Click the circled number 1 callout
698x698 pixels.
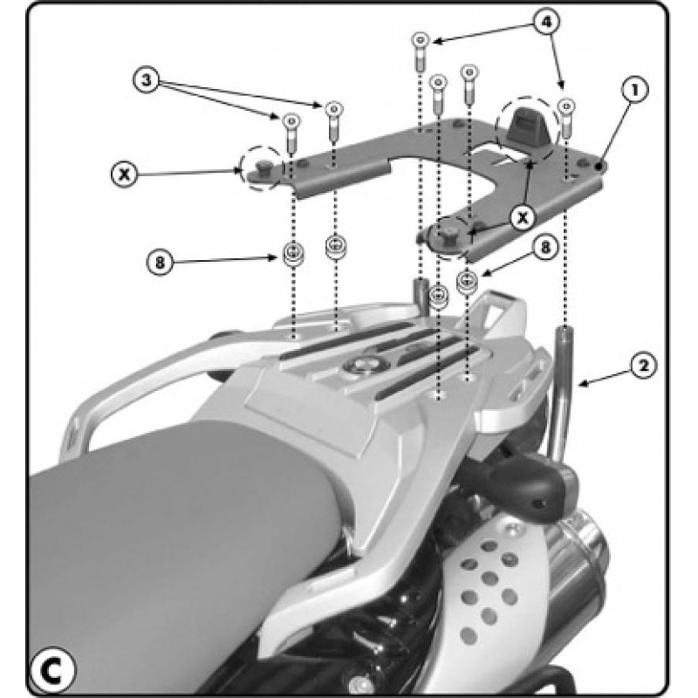pyautogui.click(x=635, y=91)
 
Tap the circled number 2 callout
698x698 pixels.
pyautogui.click(x=643, y=366)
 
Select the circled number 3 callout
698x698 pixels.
pyautogui.click(x=147, y=80)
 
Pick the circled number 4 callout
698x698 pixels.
pyautogui.click(x=546, y=21)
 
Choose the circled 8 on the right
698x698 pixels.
pyautogui.click(x=545, y=247)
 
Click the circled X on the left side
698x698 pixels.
pyautogui.click(x=125, y=174)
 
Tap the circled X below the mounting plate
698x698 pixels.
pyautogui.click(x=523, y=217)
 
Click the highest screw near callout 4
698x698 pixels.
pyautogui.click(x=420, y=52)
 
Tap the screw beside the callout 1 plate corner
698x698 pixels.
pyautogui.click(x=566, y=119)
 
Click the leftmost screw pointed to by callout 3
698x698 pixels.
pyautogui.click(x=291, y=133)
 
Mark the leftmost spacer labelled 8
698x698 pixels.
pyautogui.click(x=293, y=254)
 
